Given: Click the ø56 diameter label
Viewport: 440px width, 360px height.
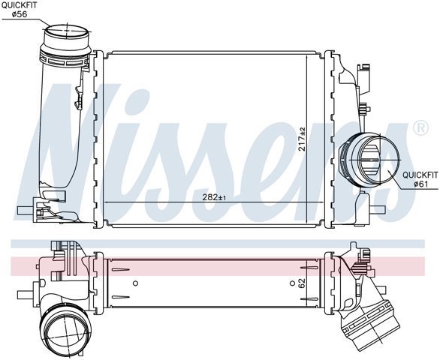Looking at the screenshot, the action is click(x=20, y=14).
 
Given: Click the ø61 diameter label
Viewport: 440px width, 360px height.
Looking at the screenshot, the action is click(x=420, y=184).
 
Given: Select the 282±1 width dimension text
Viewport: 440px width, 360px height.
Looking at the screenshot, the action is click(x=214, y=197).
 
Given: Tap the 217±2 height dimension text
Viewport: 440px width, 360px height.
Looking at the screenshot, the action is click(x=302, y=139).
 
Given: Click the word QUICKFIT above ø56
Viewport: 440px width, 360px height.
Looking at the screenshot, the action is click(x=19, y=5).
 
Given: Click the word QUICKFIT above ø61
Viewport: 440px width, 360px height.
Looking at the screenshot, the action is click(x=420, y=175).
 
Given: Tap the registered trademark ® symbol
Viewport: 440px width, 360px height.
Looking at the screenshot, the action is click(x=420, y=128).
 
